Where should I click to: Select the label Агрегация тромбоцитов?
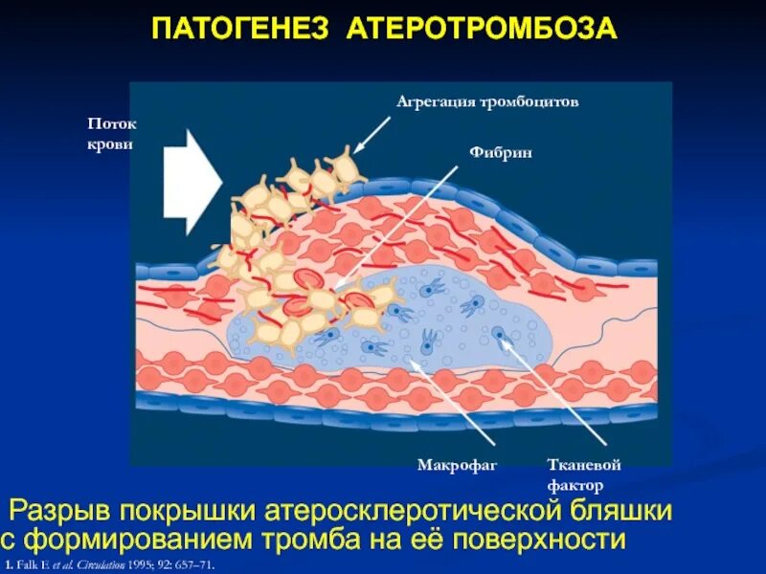[487, 102]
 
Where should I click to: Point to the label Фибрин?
[491, 152]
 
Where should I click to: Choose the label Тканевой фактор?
[584, 475]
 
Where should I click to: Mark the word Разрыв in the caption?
[66, 510]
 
